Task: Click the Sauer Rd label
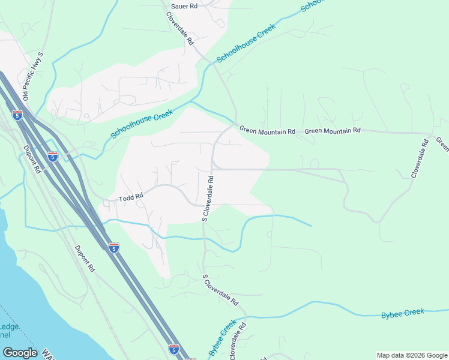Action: point(184,6)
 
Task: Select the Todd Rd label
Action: point(131,197)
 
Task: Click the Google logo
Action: point(20,353)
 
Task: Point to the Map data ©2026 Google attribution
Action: point(412,355)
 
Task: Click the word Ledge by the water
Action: point(10,326)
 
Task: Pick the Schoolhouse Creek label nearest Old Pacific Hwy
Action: point(142,124)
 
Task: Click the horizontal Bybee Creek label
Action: point(403,313)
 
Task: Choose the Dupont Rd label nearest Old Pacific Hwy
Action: point(31,159)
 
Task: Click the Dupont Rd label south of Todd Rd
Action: point(85,259)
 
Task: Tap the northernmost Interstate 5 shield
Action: point(17,115)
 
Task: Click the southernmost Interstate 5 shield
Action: point(174,349)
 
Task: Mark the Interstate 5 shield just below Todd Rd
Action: point(114,247)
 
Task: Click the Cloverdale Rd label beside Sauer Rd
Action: point(181,29)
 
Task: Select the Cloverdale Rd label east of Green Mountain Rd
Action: point(420,158)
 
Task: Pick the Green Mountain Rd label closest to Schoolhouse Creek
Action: point(268,130)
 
